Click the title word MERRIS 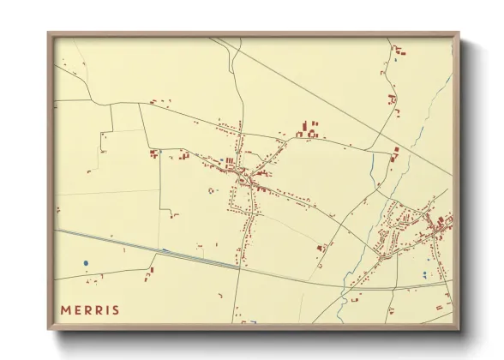tap(90, 309)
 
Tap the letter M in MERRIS tap(65, 309)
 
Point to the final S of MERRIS tap(116, 309)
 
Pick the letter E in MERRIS tap(77, 309)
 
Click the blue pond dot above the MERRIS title tap(86, 262)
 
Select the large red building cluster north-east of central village tap(308, 131)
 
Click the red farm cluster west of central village tap(154, 154)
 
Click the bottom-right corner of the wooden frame tap(458, 328)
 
